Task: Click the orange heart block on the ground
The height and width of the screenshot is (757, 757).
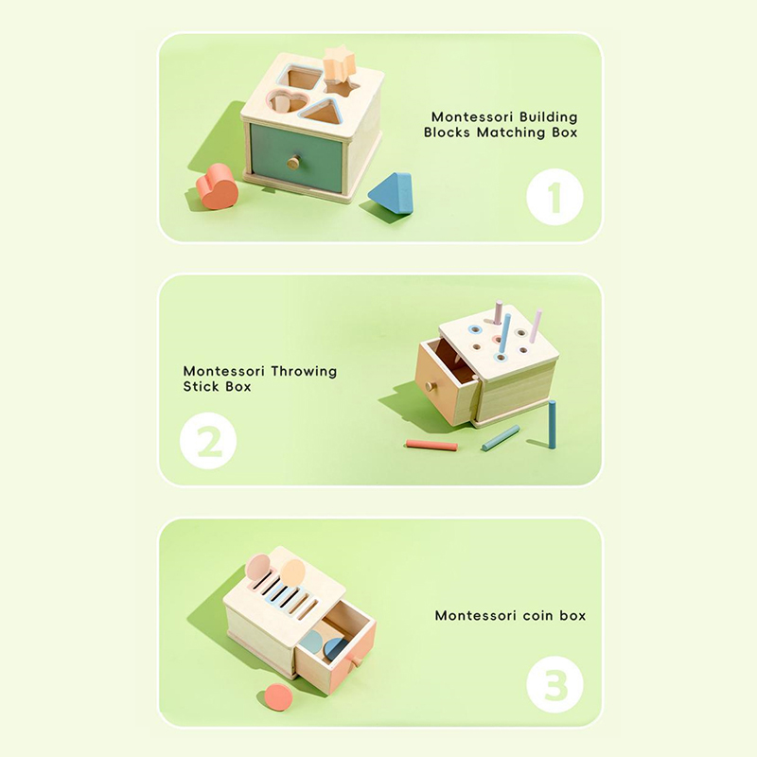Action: [217, 186]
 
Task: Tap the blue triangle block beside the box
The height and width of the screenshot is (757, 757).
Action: [392, 193]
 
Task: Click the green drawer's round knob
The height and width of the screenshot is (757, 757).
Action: [292, 163]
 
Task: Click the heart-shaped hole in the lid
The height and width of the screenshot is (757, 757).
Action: [289, 102]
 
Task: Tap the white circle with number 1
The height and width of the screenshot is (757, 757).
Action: [555, 197]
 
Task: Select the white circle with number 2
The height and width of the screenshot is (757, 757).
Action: [208, 441]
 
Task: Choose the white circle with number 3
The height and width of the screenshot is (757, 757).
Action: [555, 685]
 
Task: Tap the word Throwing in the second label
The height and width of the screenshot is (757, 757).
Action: [304, 371]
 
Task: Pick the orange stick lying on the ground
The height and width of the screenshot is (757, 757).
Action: [431, 445]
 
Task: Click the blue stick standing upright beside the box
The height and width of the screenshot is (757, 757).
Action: [552, 424]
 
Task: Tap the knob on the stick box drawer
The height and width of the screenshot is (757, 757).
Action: [430, 386]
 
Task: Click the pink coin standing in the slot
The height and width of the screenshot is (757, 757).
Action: [257, 567]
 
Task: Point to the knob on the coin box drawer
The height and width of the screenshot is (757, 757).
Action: [356, 660]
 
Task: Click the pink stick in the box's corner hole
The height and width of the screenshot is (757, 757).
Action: [536, 326]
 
